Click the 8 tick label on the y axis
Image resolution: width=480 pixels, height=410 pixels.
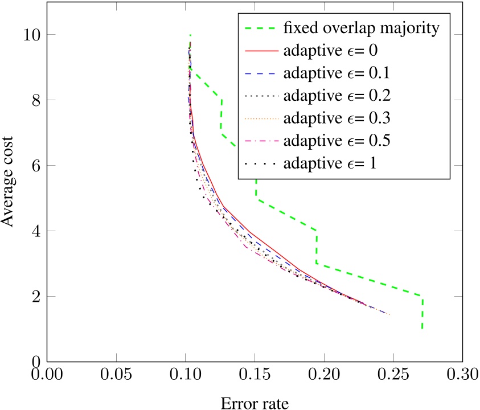(34, 100)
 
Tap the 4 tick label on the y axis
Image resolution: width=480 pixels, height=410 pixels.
(34, 231)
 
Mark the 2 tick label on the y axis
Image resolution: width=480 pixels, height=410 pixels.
(34, 297)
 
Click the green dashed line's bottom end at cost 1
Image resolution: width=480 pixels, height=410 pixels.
(422, 329)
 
